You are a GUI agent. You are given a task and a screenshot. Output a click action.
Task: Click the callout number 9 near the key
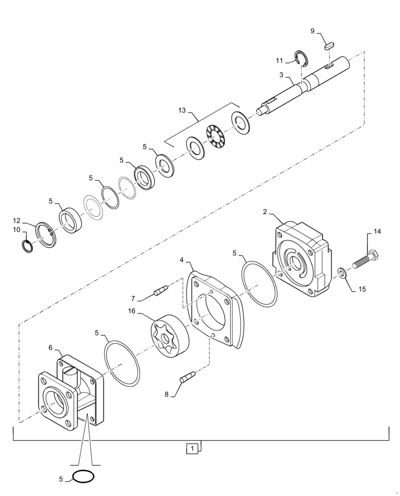point(312,31)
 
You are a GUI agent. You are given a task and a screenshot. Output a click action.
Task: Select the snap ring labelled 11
point(301,58)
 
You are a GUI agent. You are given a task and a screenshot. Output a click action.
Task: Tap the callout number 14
point(378,231)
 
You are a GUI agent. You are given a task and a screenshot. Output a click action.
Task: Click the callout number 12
point(16,220)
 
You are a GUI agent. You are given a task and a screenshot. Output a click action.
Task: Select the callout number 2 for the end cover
point(265,212)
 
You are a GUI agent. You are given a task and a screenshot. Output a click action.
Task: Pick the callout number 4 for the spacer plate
point(182,260)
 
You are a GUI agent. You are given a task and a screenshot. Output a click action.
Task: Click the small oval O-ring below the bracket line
point(83,477)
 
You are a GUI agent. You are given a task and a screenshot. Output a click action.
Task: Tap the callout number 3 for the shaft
point(281,75)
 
